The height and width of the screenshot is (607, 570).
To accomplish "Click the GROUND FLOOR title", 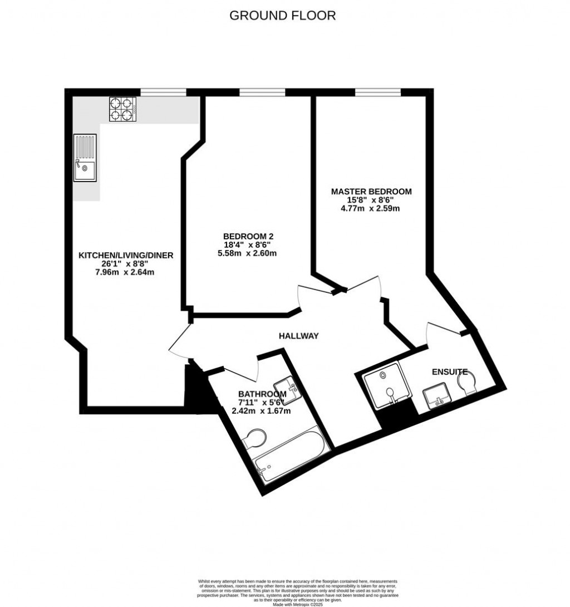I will pos(283,16).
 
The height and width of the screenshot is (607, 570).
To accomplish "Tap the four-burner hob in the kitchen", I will pos(123,109).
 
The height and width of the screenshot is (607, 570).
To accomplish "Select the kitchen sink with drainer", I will pos(84,159).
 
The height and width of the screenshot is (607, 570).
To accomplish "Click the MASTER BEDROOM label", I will pos(371,192).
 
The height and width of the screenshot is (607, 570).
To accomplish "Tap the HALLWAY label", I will pos(299,336).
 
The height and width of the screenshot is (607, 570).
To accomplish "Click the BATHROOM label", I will pos(256,394).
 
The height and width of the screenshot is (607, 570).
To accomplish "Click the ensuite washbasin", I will pos(440,396).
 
